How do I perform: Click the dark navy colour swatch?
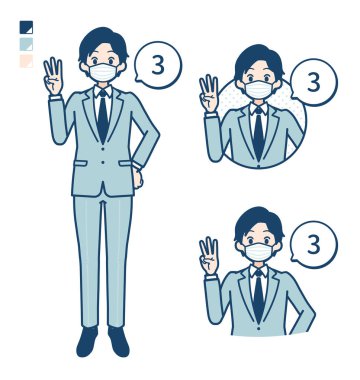coord(26,27)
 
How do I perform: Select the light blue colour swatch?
coord(26,44)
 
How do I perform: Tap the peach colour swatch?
coord(26,61)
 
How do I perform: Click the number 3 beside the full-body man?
coord(158,65)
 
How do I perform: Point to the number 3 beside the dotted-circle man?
coord(314,82)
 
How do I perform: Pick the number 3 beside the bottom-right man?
coord(314,245)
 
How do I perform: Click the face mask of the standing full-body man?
coord(103,72)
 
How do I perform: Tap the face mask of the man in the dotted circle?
coord(259,89)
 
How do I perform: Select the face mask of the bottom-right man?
coord(259,252)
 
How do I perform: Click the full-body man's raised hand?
coord(53,77)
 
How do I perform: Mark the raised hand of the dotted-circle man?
coord(209,94)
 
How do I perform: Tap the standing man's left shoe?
coord(119,341)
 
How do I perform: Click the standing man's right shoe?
coord(87,341)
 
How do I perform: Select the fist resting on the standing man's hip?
coord(137,177)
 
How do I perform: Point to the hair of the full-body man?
coord(103,43)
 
